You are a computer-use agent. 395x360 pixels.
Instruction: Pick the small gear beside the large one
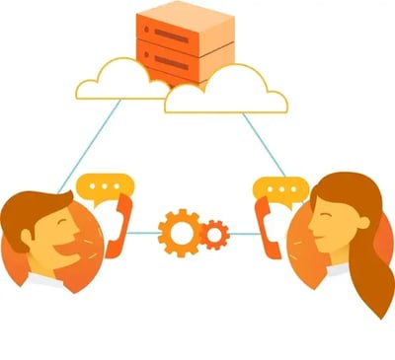(213, 235)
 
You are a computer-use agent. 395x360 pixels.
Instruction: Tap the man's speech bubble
(106, 186)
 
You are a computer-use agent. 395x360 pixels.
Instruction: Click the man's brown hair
(35, 207)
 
